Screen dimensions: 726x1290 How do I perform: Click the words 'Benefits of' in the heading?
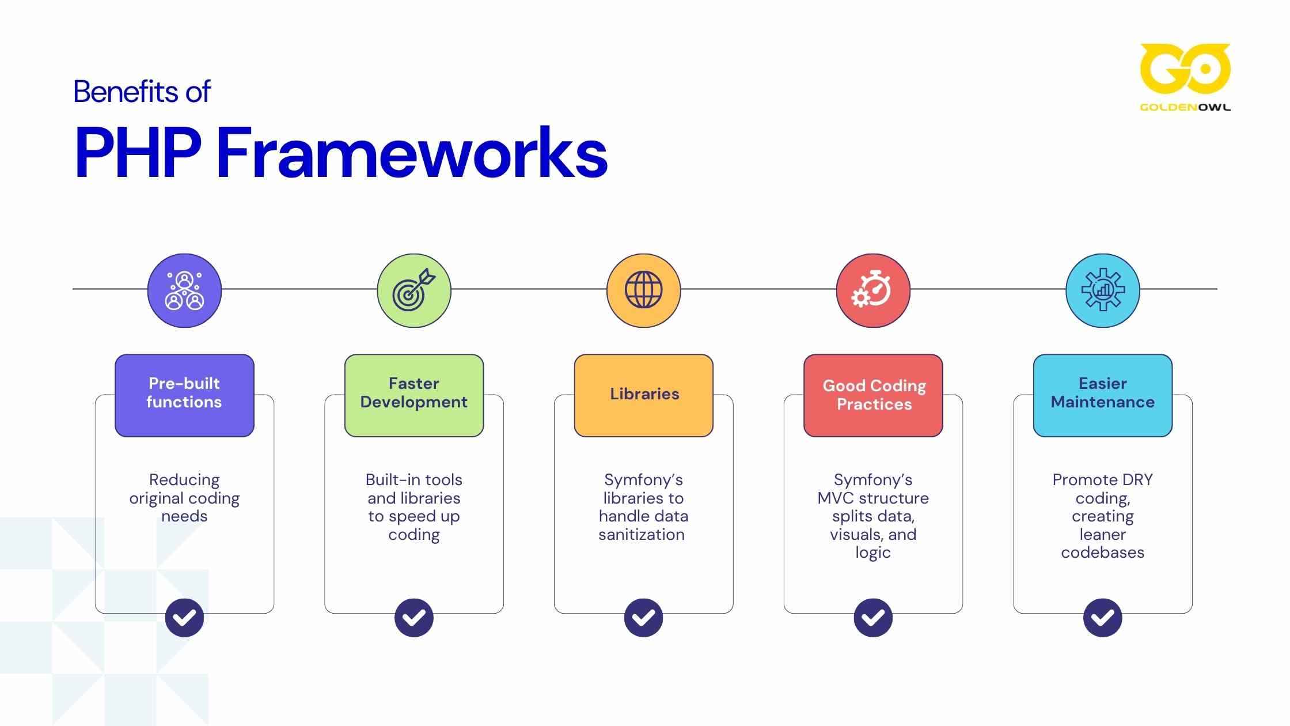point(142,92)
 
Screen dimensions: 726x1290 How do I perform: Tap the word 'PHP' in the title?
point(138,153)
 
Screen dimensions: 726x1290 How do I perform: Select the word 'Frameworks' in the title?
point(412,153)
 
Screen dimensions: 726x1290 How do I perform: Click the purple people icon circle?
point(184,290)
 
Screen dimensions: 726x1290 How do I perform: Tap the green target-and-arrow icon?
point(414,290)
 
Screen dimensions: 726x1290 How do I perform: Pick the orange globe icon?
point(643,290)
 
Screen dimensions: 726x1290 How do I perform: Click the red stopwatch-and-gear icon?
point(873,290)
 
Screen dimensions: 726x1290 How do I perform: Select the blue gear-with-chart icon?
point(1102,290)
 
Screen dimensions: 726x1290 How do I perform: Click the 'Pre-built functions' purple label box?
point(184,395)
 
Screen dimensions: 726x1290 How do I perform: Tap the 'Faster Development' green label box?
point(414,395)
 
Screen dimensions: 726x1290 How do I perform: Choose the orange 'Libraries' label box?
point(643,395)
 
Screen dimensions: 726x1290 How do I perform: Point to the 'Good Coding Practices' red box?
point(873,395)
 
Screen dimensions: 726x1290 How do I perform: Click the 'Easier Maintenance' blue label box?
point(1102,395)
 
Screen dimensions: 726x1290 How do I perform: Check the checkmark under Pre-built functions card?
point(184,618)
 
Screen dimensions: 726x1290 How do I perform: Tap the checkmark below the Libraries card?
point(643,618)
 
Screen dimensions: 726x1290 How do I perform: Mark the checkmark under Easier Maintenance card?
point(1102,618)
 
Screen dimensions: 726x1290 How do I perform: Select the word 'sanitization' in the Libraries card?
point(642,535)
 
